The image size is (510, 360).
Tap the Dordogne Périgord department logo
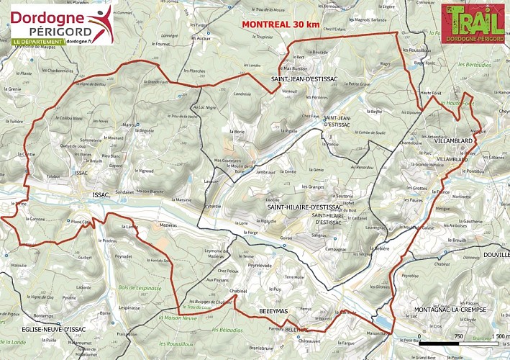(x=62, y=25)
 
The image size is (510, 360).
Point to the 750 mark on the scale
(x=458, y=336)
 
